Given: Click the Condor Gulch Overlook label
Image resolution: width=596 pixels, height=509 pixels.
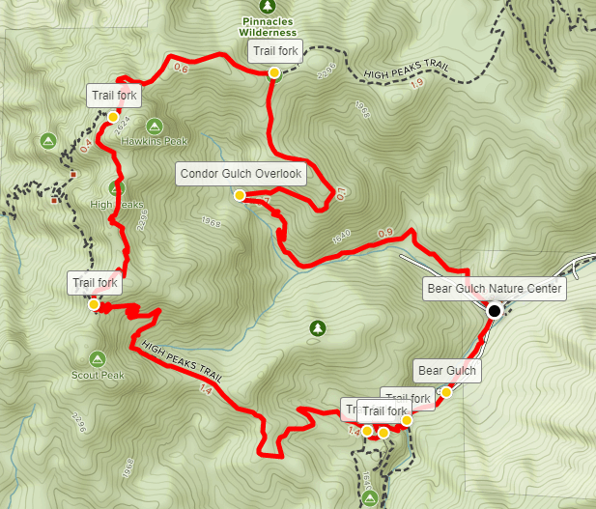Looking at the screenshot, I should coord(241,175).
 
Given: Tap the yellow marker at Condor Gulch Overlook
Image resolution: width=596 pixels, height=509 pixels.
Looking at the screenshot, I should coord(239,195).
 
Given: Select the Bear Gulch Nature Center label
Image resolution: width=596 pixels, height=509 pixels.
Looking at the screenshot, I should coord(494,289).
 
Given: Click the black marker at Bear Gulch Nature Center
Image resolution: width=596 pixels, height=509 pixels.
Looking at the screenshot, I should coord(495,310).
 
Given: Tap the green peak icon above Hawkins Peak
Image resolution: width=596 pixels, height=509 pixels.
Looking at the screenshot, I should coord(153,126).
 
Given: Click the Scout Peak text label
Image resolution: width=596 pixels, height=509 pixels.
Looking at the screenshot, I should coord(98,374).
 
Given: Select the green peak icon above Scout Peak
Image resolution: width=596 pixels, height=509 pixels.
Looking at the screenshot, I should coord(98,358).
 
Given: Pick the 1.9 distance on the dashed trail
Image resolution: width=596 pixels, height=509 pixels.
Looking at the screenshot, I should coord(416,83).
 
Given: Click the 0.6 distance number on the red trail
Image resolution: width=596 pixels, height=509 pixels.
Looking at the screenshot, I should coord(180,69).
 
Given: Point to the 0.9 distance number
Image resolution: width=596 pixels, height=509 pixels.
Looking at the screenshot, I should coord(384,233).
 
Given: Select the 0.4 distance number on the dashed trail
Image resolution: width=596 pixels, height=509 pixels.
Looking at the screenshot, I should coord(85,146).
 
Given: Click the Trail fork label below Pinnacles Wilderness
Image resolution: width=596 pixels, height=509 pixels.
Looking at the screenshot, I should coord(276,51).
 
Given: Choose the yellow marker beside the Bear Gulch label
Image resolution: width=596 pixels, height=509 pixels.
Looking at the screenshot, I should coord(446,392).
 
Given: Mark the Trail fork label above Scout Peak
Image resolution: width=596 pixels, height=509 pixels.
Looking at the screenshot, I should coord(95,283).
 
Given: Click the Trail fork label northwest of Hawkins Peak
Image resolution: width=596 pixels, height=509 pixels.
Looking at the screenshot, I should coord(114,96).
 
